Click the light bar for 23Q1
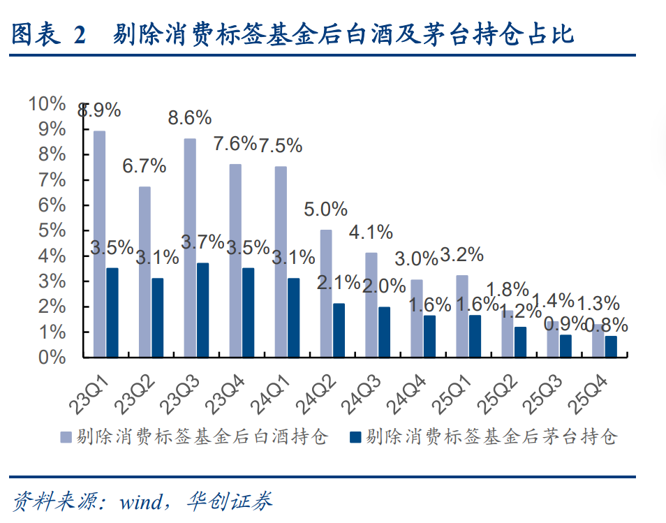coord(99,244)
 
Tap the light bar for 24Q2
coord(326,293)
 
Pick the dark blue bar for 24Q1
coord(293,318)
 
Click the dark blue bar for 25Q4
coord(610,346)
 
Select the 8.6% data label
coord(190,118)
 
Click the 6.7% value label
coord(145,166)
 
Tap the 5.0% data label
coord(326,209)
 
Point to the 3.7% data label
coord(202,243)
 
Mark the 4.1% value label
coord(371,232)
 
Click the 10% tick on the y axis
coord(47,104)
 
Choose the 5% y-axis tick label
coord(52,231)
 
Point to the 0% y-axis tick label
coord(52,358)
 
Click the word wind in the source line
coord(141,501)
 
